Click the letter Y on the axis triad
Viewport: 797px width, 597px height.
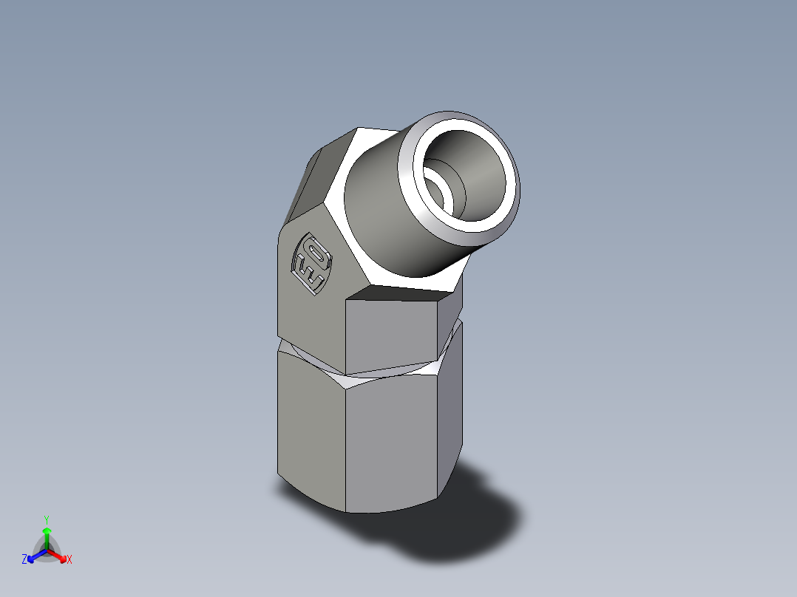click(x=46, y=519)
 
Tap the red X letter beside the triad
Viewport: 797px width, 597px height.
click(x=69, y=560)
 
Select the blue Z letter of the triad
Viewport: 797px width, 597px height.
click(x=24, y=560)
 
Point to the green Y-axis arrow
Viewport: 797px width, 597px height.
click(x=47, y=535)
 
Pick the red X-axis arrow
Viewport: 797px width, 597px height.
click(x=58, y=556)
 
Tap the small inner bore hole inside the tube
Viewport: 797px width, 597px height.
click(x=439, y=194)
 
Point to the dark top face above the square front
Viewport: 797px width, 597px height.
click(x=399, y=293)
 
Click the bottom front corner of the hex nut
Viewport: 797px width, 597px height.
click(x=347, y=511)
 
